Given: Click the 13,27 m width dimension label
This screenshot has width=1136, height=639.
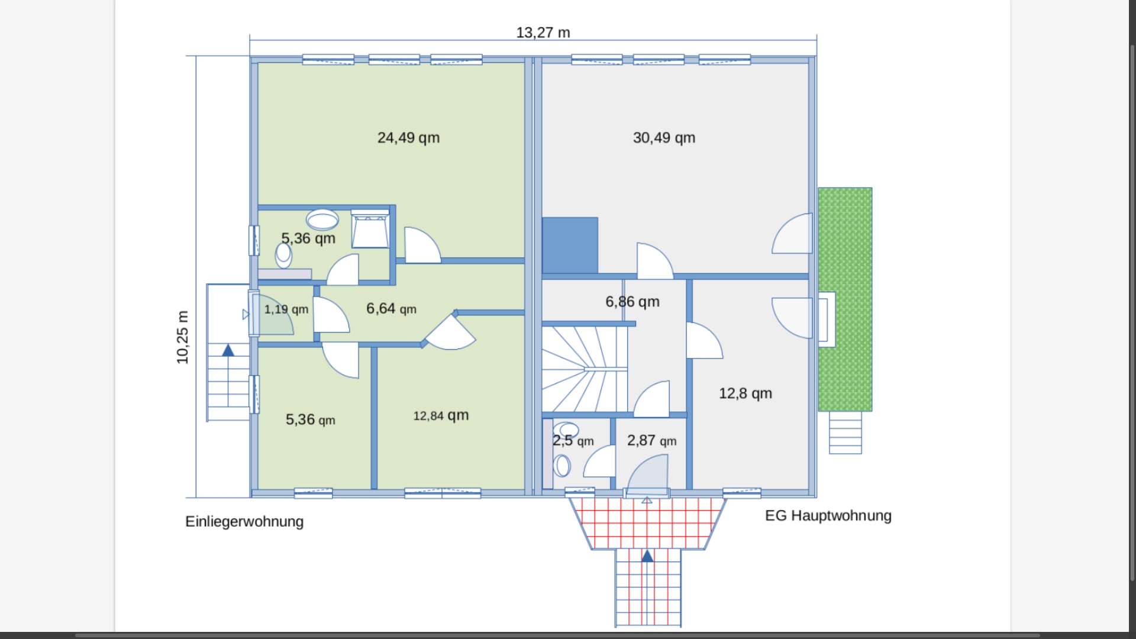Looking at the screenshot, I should click(543, 33).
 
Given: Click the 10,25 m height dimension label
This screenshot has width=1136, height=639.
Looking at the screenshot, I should click(182, 337).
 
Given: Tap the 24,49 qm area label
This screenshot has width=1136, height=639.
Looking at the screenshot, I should click(408, 138).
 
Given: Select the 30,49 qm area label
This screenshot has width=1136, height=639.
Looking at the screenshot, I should click(664, 138).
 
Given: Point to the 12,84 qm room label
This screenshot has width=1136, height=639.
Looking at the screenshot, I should click(441, 415).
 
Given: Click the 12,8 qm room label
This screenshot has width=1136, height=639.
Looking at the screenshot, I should click(745, 393).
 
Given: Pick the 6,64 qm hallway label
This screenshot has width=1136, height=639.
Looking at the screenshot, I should click(391, 308).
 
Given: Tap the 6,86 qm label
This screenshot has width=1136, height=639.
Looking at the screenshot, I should click(632, 302).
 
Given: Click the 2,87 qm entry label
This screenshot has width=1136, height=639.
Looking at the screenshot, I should click(651, 441).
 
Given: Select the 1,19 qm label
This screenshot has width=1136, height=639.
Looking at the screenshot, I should click(286, 309).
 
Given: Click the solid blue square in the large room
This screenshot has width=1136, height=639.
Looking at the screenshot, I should click(570, 245).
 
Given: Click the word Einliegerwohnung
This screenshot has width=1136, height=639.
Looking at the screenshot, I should click(244, 522).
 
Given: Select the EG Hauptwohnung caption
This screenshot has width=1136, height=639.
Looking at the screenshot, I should click(828, 516).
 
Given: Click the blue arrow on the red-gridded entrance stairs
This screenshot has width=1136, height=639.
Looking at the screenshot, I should click(647, 556).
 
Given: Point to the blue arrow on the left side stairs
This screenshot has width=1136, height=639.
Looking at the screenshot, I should click(228, 350).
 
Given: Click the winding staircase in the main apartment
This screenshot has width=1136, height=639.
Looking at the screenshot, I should click(583, 368).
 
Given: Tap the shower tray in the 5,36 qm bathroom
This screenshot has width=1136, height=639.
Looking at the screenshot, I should click(370, 230).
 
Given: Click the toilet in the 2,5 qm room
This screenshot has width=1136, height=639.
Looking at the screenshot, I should click(561, 465).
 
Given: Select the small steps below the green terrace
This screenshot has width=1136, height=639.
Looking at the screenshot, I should click(845, 433).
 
